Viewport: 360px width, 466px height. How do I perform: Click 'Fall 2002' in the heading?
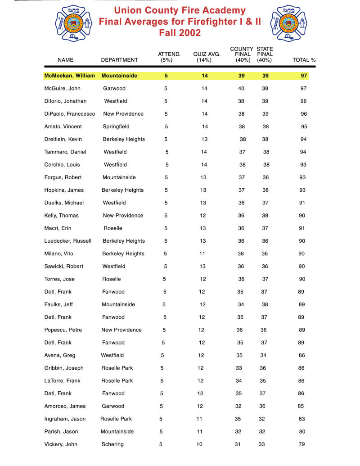coord(180,33)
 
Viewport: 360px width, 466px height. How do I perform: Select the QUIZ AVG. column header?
coord(207,57)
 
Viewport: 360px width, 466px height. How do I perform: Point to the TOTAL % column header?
coord(304,59)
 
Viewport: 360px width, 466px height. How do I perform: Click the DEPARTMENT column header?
coord(119,59)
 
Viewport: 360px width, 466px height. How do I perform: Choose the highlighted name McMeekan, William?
coord(69,76)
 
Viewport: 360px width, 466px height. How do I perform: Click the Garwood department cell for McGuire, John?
coord(114,88)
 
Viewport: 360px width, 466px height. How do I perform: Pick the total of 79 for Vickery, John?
coord(301,444)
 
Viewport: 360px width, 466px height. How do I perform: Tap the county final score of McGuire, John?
coord(241,88)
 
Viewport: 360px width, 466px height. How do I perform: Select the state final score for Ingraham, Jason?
coord(262,419)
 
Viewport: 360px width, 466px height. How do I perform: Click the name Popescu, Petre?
coord(63,330)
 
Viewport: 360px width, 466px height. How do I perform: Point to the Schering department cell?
coord(112,444)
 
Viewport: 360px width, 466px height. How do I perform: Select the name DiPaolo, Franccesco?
coord(70,114)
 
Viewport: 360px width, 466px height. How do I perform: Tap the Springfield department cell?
coord(117,127)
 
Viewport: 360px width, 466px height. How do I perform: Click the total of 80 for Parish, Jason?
coord(301,431)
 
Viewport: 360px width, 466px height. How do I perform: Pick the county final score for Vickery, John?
coord(238,444)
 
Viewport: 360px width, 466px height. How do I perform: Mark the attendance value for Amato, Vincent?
coord(166,127)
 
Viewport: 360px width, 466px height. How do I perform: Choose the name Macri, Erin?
coord(58,228)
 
